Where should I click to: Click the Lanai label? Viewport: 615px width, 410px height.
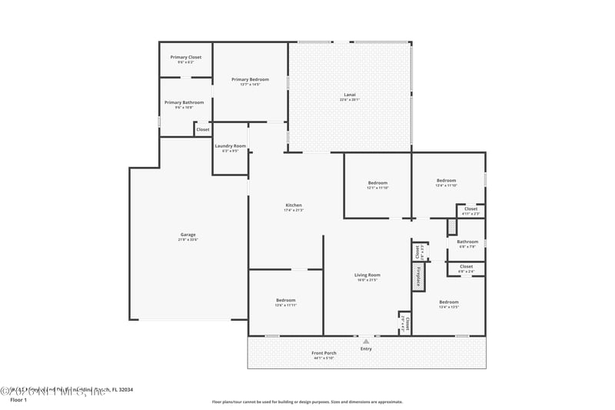coord(349,95)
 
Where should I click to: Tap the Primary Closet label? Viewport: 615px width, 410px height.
coord(185,57)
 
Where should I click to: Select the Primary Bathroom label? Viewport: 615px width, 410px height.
coord(184,102)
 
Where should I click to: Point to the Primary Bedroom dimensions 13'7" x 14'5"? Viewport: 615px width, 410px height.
coord(251,84)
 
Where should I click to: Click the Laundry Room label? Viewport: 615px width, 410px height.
coord(231,146)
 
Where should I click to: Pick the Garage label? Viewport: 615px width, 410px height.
coord(188,235)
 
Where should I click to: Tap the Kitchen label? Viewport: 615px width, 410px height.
coord(294,205)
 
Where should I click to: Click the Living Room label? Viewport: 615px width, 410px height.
coord(367,275)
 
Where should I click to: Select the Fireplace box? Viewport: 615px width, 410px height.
coord(419,277)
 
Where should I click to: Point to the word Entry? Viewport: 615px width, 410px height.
coord(366,348)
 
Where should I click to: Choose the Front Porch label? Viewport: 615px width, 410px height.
coord(325,353)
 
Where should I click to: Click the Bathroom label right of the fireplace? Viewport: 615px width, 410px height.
coord(467,242)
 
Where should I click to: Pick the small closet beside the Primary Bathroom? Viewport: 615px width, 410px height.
coord(203,129)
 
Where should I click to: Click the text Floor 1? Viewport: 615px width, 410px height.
coord(18,400)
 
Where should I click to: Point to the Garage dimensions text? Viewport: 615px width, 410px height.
coord(188,239)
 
